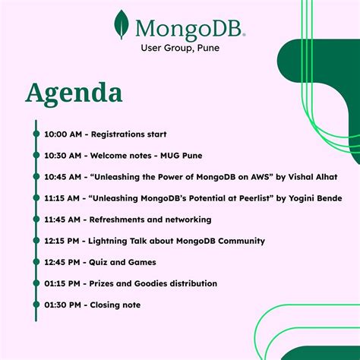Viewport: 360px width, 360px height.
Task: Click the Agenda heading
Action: [x=74, y=94]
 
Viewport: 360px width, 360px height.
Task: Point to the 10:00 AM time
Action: [x=63, y=134]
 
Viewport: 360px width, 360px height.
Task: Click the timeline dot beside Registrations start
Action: [x=36, y=134]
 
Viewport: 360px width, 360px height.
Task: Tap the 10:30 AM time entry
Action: [x=63, y=156]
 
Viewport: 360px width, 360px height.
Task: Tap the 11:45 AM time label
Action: [x=63, y=219]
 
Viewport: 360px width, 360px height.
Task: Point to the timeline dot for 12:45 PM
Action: [x=36, y=262]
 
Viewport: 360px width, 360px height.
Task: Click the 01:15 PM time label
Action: [x=63, y=283]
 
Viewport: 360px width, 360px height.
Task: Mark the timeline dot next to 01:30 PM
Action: [x=36, y=305]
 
